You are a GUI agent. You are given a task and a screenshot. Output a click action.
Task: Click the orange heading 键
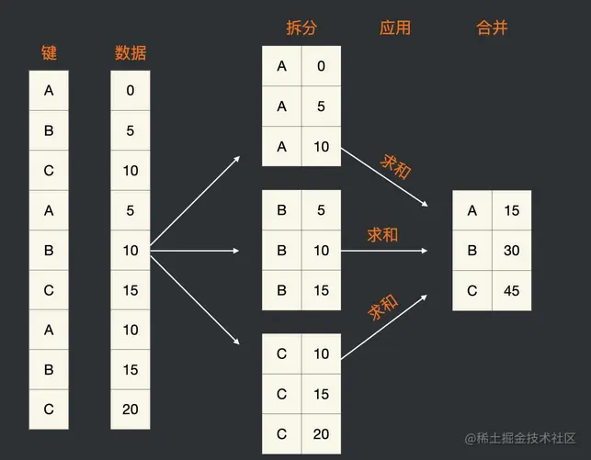(x=49, y=52)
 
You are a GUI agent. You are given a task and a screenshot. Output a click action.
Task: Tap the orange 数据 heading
(x=130, y=52)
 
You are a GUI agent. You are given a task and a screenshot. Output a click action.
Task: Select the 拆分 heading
(x=301, y=28)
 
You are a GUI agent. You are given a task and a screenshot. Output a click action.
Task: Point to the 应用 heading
(x=394, y=28)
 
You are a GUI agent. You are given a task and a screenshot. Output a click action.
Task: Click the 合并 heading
(x=492, y=28)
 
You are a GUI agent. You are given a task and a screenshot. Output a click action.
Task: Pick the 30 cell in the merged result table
(x=512, y=251)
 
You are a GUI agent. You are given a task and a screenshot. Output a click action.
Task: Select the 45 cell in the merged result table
(x=512, y=290)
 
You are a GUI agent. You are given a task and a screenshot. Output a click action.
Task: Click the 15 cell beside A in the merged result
(x=512, y=210)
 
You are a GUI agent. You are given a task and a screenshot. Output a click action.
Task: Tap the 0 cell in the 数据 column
(x=130, y=91)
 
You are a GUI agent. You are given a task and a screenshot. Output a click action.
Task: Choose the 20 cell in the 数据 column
(x=130, y=410)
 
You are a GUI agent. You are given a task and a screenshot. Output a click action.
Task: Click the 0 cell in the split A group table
(x=321, y=65)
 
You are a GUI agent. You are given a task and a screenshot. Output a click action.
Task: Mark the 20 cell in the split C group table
(x=321, y=433)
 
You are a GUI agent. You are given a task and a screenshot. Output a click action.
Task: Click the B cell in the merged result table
(x=472, y=251)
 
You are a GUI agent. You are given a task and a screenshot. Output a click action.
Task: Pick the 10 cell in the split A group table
(x=321, y=146)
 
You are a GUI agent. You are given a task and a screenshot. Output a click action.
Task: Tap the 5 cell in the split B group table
(x=321, y=209)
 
